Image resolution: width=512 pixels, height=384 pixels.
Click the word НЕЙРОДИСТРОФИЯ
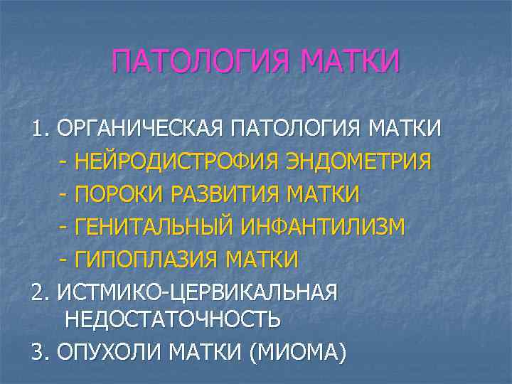[177, 162]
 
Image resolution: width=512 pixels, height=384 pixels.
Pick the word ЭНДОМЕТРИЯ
[358, 162]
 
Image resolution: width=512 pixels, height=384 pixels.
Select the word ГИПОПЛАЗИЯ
[145, 260]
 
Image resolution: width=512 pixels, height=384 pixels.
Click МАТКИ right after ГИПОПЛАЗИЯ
[262, 260]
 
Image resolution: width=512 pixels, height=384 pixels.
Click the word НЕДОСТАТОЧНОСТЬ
[172, 319]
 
